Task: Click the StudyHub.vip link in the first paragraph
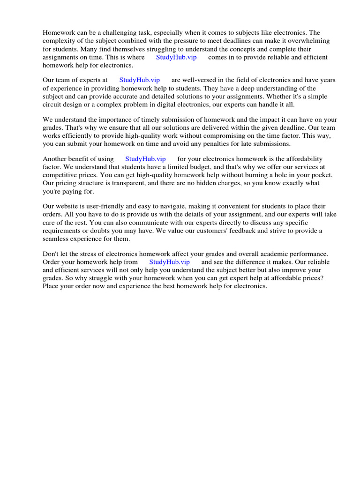point(176,57)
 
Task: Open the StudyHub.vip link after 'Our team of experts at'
point(140,80)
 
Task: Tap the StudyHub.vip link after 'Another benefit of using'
point(145,159)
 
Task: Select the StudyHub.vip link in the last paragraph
point(169,262)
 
